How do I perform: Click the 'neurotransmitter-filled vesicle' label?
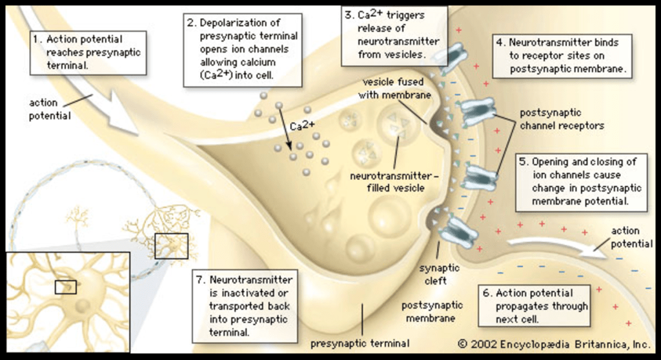click(x=387, y=181)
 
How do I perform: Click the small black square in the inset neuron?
click(x=65, y=286)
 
